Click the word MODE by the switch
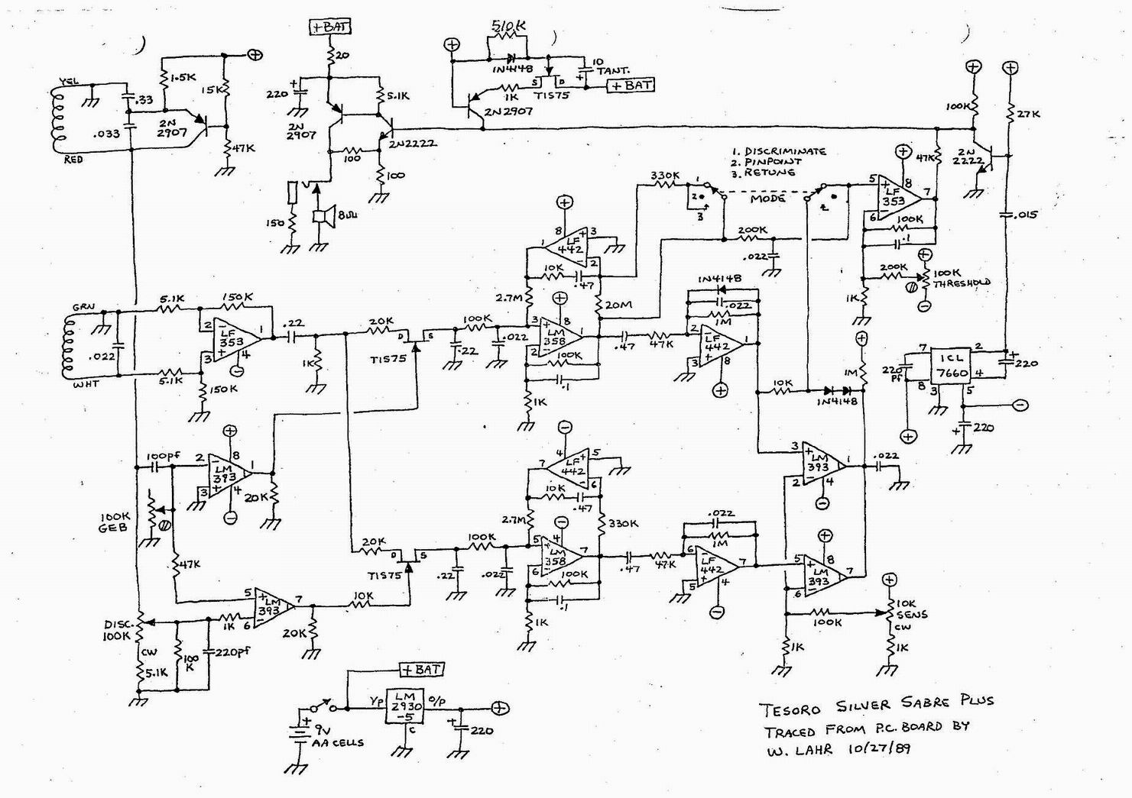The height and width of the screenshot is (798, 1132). pyautogui.click(x=767, y=198)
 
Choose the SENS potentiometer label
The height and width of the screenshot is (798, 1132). pyautogui.click(x=913, y=613)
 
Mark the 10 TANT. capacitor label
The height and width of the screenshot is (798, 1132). pyautogui.click(x=606, y=66)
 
